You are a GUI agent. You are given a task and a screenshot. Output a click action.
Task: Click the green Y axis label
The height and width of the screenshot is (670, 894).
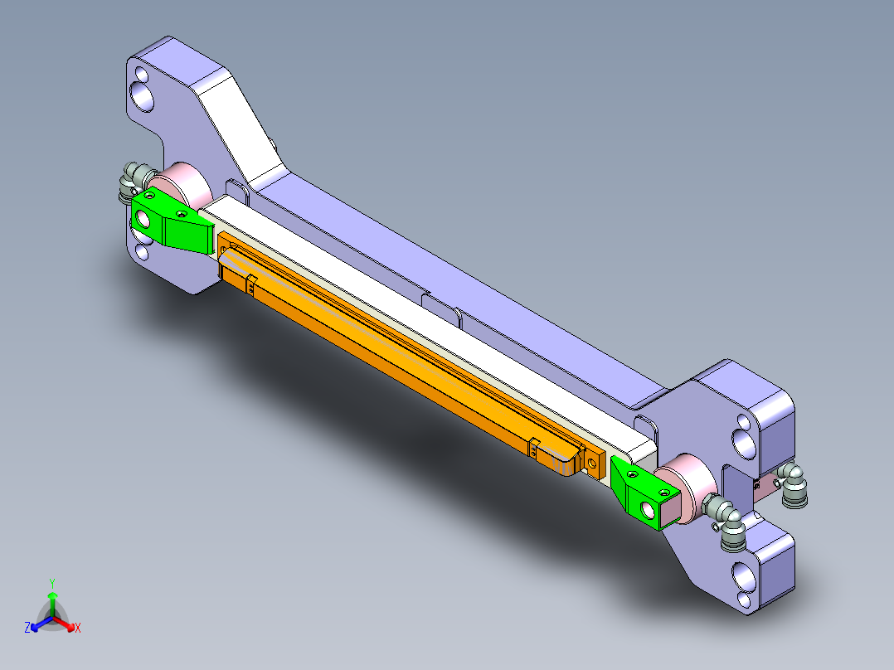pos(51,583)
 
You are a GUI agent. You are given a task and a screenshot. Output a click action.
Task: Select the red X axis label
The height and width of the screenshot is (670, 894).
pos(78,629)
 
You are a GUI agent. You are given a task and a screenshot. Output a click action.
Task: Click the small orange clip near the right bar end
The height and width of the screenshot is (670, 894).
pos(533,447)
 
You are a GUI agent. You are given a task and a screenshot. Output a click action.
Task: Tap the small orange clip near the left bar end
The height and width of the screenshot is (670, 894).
pos(250,284)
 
